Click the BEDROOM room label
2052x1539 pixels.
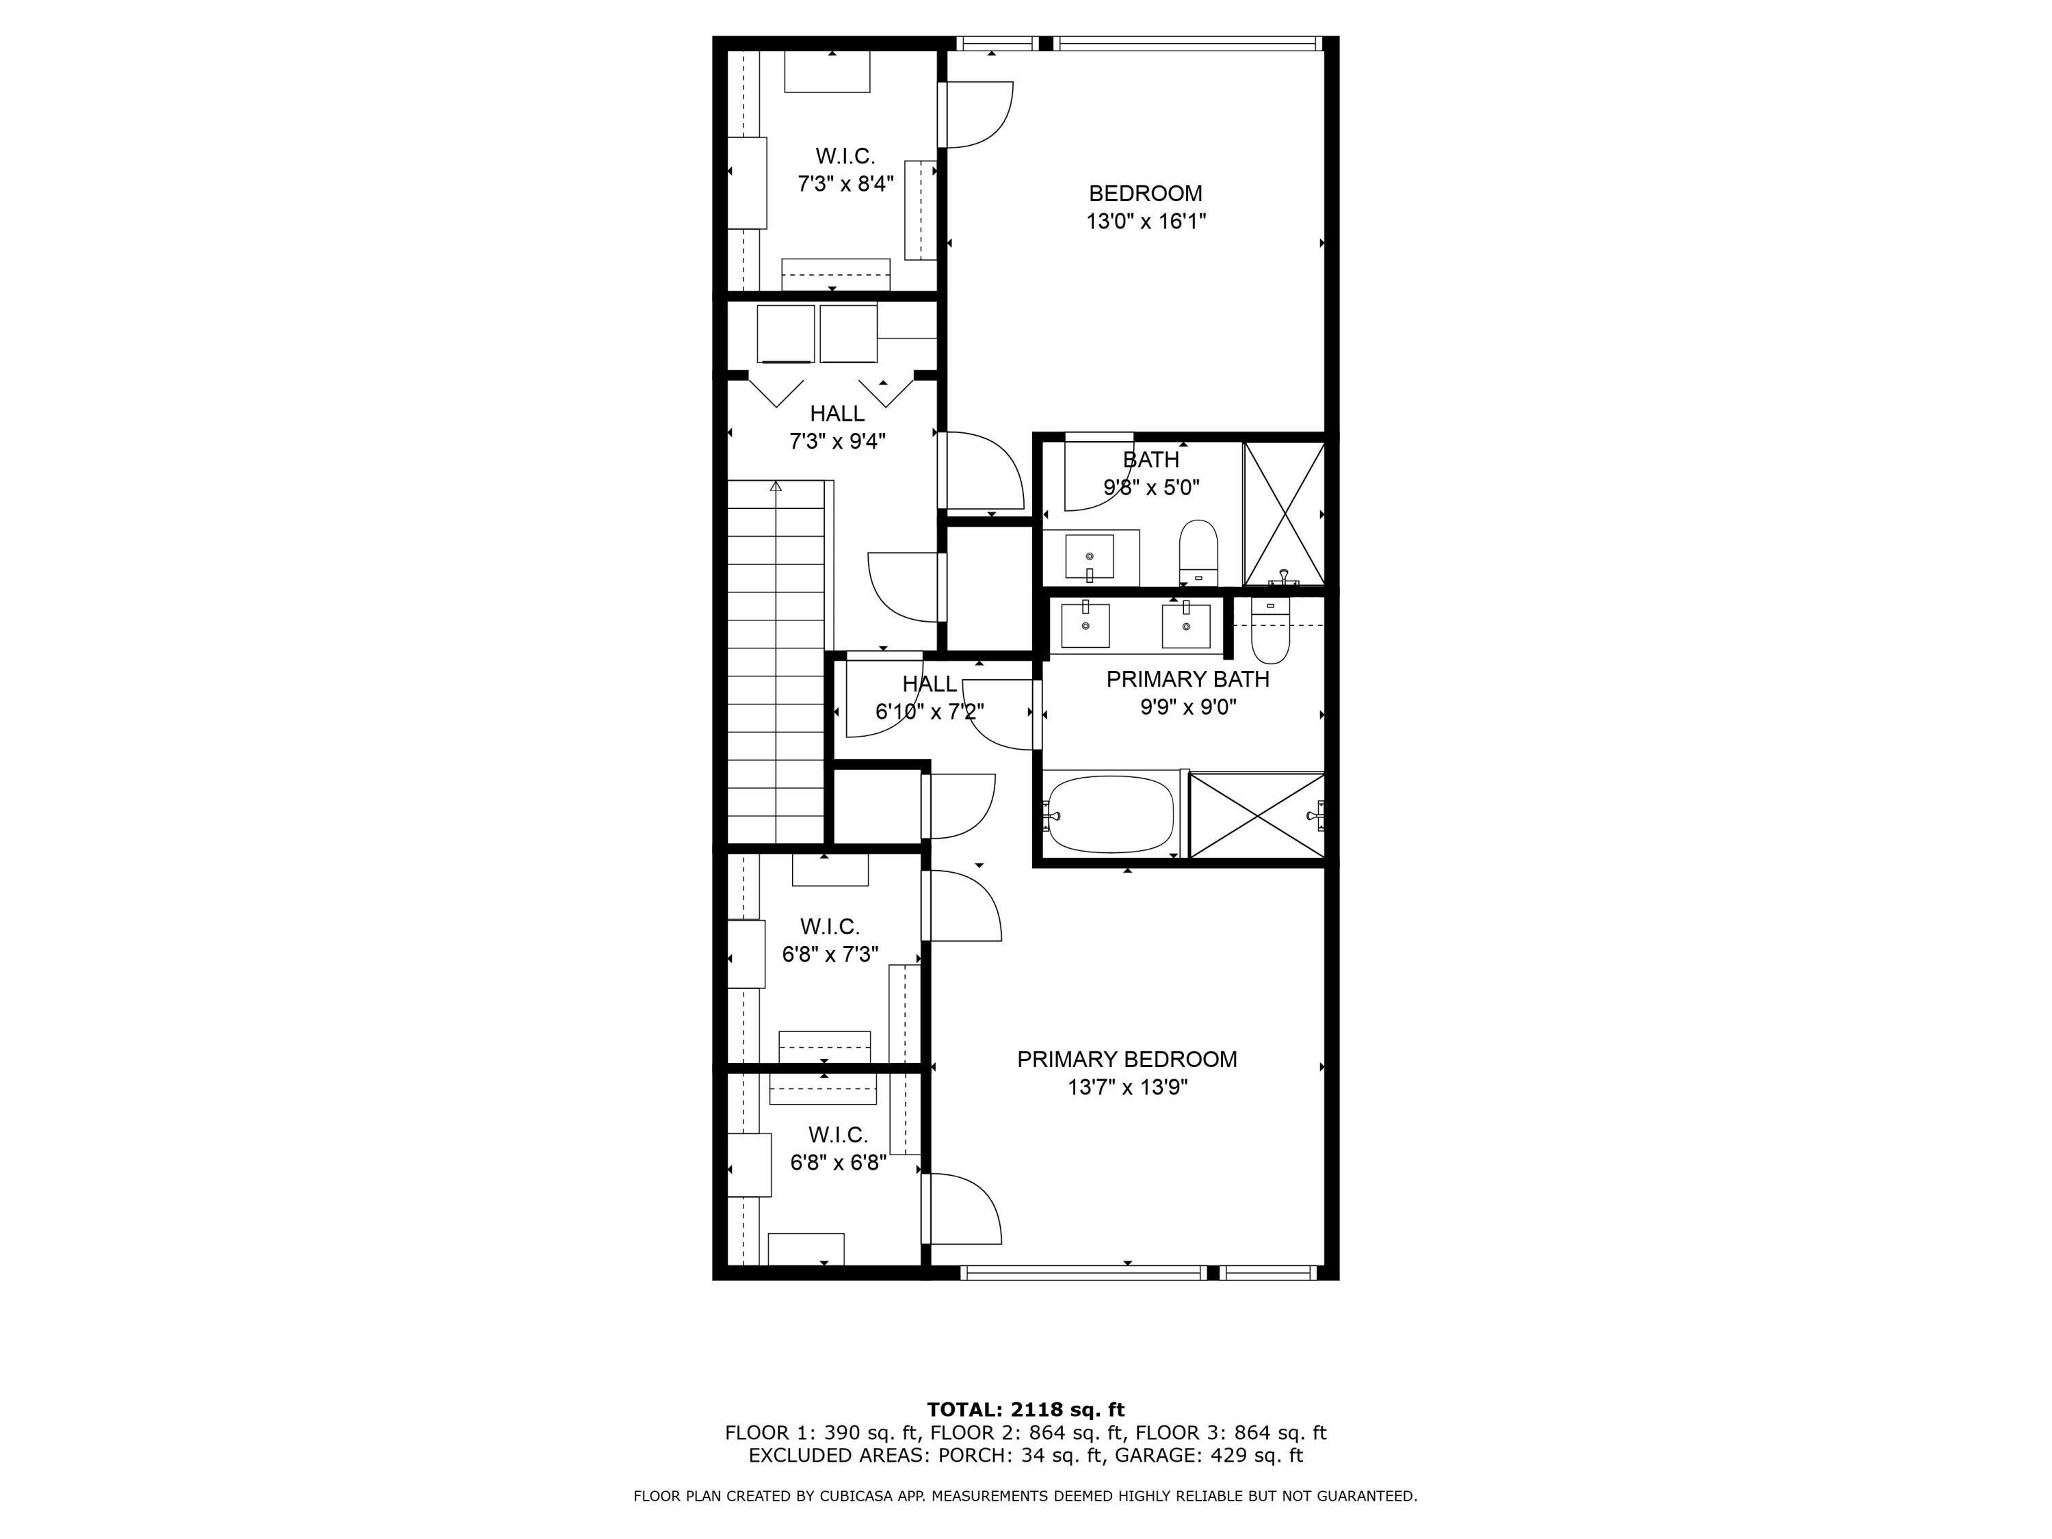[1145, 194]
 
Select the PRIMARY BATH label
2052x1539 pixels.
[1187, 679]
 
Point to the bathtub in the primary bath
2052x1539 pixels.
[1110, 815]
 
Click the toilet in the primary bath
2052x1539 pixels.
[1270, 633]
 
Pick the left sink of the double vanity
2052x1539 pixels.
[1084, 625]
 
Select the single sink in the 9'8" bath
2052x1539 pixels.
[1089, 557]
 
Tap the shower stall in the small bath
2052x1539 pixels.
[1284, 513]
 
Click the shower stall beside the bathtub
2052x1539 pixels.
[1256, 815]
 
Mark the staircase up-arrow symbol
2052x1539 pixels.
[776, 486]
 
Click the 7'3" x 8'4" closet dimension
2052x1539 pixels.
[845, 184]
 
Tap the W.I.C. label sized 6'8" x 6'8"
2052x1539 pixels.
[838, 1135]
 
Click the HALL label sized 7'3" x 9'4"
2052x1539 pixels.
[837, 414]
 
